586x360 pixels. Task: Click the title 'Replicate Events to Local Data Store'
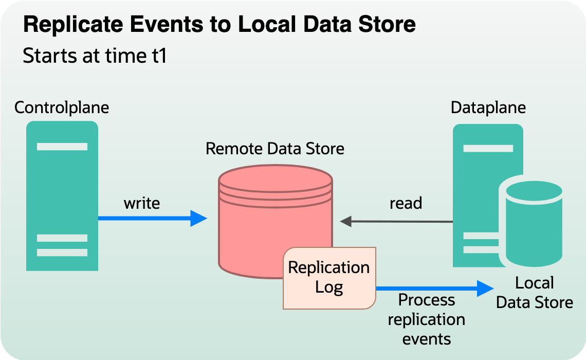click(219, 25)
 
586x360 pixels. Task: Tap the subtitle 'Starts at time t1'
click(95, 56)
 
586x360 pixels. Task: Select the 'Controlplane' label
click(62, 107)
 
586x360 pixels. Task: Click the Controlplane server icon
click(62, 195)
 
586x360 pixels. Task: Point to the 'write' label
click(142, 203)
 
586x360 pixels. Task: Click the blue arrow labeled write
click(152, 218)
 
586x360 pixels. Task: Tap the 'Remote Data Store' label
click(275, 149)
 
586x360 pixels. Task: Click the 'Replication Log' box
click(329, 278)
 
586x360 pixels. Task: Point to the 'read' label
click(406, 203)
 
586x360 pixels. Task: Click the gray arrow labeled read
click(396, 222)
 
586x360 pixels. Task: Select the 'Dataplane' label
click(488, 107)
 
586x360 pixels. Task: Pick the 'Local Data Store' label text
click(535, 292)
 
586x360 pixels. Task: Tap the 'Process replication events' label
click(426, 319)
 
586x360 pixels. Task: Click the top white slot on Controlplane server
click(62, 147)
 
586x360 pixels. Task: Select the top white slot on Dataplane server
click(488, 149)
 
